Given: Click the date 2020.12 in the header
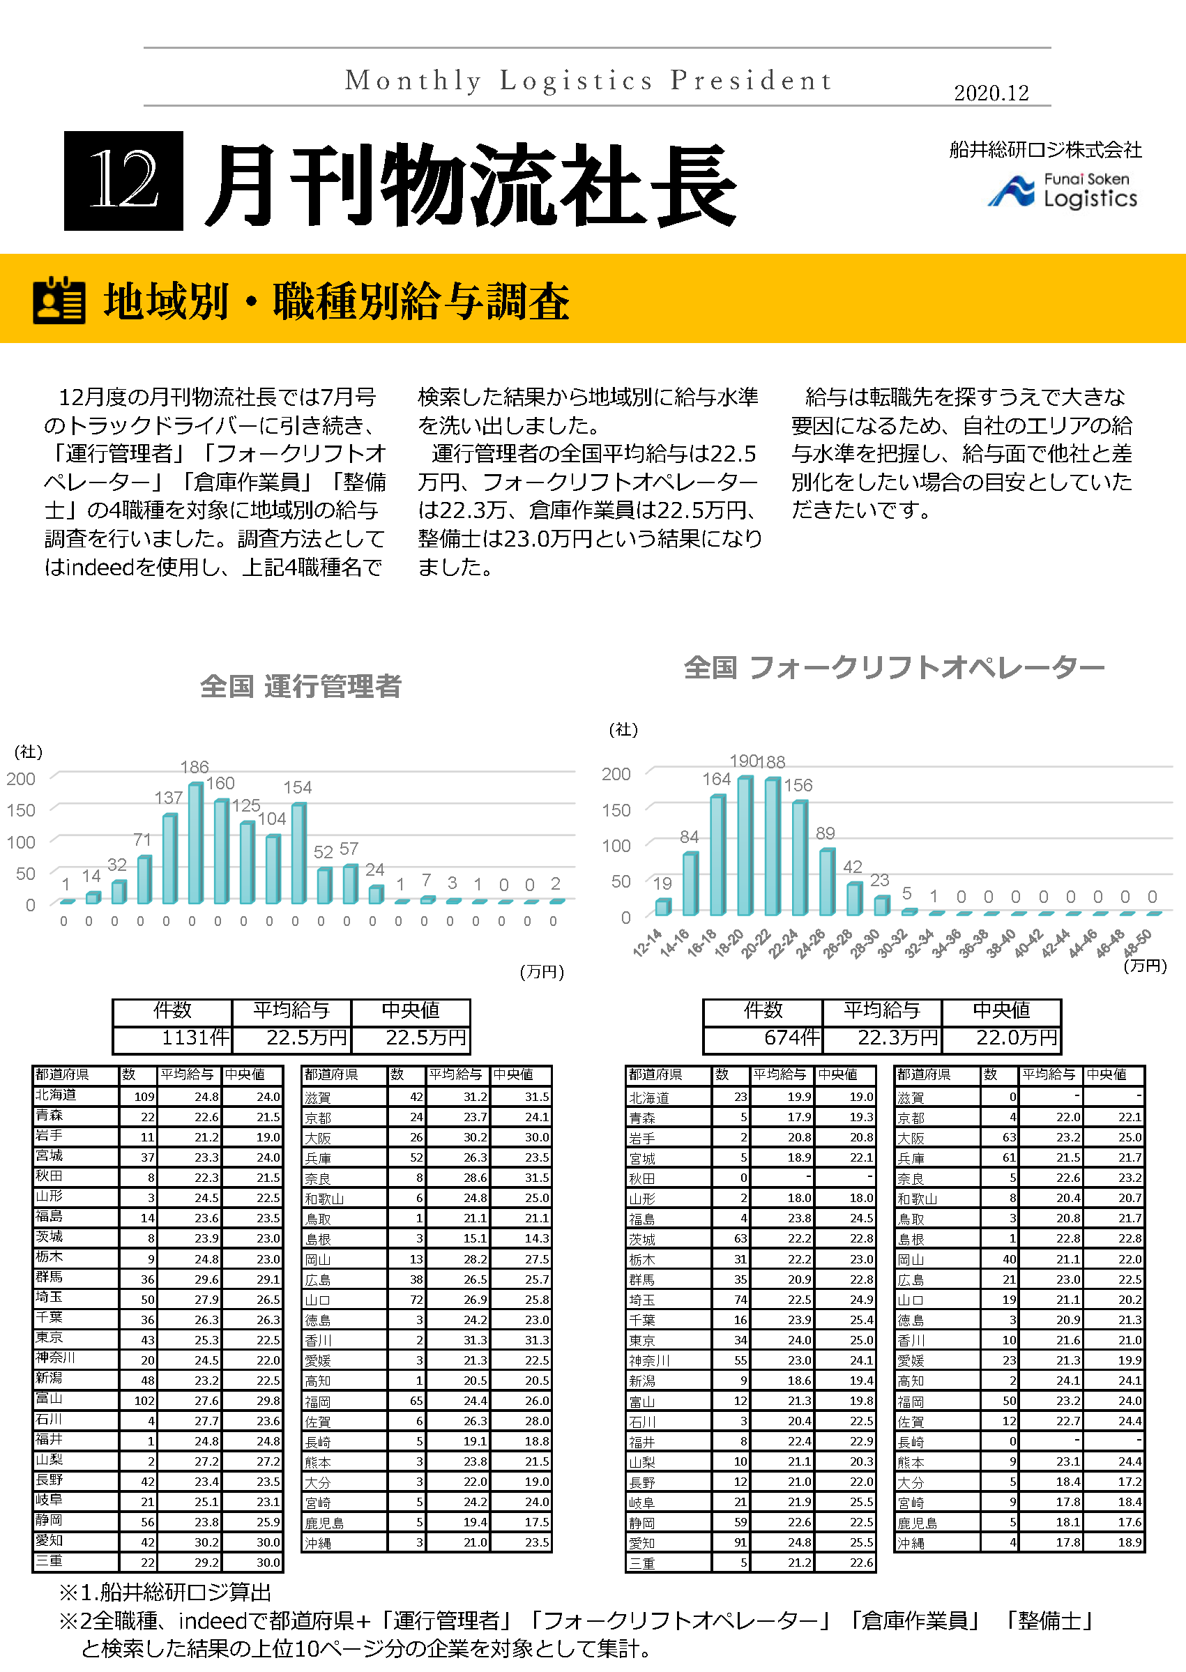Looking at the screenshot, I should pyautogui.click(x=990, y=93).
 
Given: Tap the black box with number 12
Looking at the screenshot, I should pyautogui.click(x=123, y=181).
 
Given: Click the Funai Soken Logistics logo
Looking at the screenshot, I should pyautogui.click(x=1063, y=190).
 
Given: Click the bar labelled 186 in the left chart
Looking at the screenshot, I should pyautogui.click(x=195, y=842).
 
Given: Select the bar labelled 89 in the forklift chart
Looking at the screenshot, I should pyautogui.click(x=826, y=881).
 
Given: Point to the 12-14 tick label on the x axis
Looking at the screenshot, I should pyautogui.click(x=648, y=942).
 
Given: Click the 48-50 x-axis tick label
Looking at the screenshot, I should pyautogui.click(x=1137, y=942).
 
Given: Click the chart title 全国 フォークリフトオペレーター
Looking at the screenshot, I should pyautogui.click(x=893, y=667).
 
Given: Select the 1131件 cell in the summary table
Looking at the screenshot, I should pyautogui.click(x=173, y=1038).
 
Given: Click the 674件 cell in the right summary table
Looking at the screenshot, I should pyautogui.click(x=763, y=1038).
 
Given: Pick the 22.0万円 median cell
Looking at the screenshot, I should pyautogui.click(x=1001, y=1038).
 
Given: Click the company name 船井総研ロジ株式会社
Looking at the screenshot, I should pyautogui.click(x=1045, y=151).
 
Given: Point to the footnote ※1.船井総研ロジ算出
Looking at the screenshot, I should pyautogui.click(x=165, y=1593).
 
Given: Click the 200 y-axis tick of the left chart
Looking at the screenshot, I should pyautogui.click(x=21, y=779).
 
